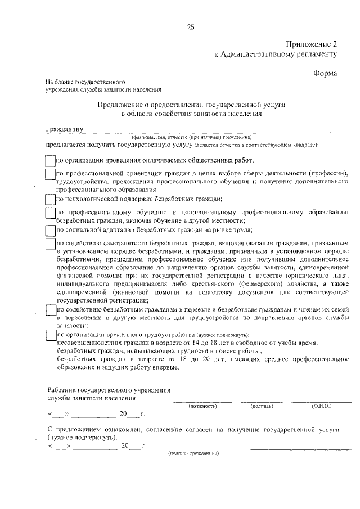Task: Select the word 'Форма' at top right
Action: coord(325,73)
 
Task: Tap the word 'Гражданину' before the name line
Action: coord(65,129)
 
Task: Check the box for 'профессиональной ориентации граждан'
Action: coord(49,174)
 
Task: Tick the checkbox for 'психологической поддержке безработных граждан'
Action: coord(49,199)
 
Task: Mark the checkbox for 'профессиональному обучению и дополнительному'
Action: coord(49,214)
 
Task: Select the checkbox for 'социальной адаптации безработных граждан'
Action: coord(49,229)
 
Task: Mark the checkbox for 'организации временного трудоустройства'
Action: coord(49,335)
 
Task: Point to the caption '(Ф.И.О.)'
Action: coord(321,406)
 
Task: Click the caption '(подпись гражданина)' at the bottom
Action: coord(193,453)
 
